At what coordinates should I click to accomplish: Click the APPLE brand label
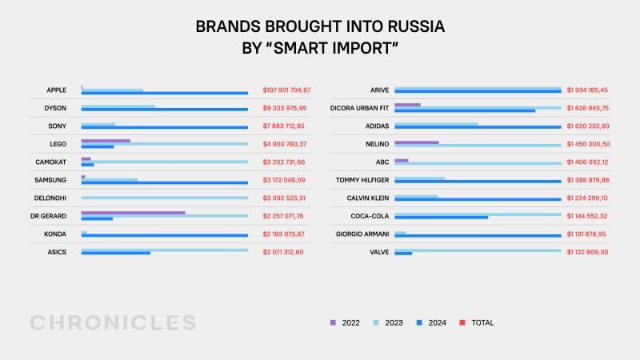pos(56,90)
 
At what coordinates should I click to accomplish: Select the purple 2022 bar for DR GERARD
pos(133,213)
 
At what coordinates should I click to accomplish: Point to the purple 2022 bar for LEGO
pos(106,141)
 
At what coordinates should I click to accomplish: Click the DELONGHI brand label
pos(50,198)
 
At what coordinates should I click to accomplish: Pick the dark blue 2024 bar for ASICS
pos(116,253)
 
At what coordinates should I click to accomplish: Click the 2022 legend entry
pos(345,323)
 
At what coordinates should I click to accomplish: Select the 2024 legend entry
pos(431,323)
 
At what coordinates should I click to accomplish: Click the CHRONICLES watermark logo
pos(113,322)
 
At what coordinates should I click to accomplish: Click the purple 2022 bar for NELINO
pos(417,142)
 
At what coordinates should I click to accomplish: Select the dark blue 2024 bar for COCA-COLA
pos(441,217)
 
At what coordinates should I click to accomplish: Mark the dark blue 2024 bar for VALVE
pos(403,253)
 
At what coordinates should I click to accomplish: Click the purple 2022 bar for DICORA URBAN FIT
pos(407,105)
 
